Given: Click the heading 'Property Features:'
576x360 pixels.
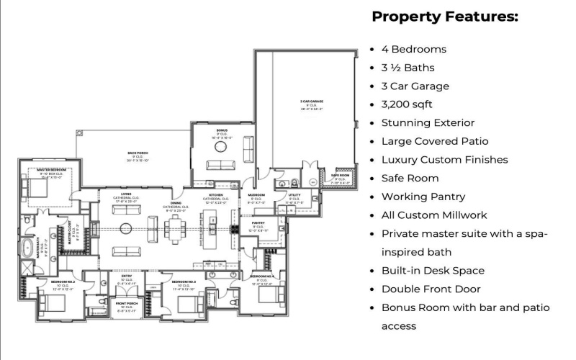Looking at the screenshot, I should [444, 17].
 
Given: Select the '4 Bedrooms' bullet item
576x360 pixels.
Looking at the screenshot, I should [413, 50].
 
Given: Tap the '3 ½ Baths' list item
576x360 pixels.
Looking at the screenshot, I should [408, 68].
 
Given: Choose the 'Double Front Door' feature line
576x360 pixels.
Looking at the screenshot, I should [432, 289].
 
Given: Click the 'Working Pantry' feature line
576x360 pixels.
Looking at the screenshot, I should [423, 197].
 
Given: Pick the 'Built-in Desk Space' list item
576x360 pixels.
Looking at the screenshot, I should [433, 271].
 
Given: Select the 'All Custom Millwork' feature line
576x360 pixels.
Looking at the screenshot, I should [434, 215].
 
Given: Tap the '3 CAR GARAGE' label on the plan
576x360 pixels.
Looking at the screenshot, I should [312, 102].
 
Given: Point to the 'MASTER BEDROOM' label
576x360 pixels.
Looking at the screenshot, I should [51, 169].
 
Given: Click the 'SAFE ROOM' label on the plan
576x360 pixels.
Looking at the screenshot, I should [339, 175].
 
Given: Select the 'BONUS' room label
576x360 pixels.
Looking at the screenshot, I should [222, 130].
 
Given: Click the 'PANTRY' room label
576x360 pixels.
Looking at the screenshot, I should [258, 223].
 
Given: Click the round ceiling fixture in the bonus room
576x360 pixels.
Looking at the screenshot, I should [220, 147].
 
